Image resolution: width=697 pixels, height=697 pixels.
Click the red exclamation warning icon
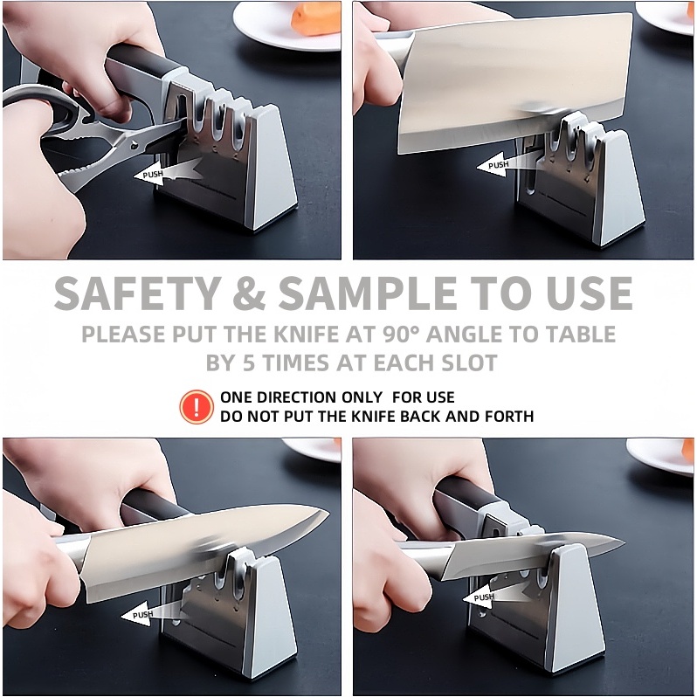(x=196, y=406)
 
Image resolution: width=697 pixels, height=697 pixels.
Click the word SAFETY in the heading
(x=137, y=293)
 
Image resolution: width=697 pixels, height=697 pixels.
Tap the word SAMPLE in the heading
(x=368, y=293)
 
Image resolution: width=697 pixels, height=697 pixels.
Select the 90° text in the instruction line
(x=401, y=335)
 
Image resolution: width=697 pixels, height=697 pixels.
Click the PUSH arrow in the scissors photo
(x=168, y=172)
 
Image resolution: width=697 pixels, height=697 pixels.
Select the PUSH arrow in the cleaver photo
(x=509, y=163)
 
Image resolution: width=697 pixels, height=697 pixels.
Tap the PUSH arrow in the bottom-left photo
(x=154, y=612)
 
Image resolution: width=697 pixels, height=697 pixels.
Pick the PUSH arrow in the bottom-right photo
(x=495, y=595)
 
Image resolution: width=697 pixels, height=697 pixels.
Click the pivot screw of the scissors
(x=134, y=145)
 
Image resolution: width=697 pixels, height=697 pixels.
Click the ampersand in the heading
(x=250, y=293)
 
